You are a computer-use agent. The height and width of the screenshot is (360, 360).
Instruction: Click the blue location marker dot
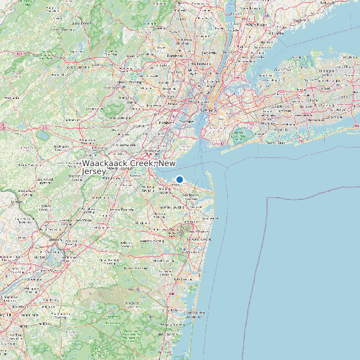point(179,179)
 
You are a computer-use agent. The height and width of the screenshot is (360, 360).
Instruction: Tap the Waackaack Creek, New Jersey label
point(129,167)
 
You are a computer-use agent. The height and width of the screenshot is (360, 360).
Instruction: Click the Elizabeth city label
point(164,123)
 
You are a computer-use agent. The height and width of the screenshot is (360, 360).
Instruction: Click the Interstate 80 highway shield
point(20,54)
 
